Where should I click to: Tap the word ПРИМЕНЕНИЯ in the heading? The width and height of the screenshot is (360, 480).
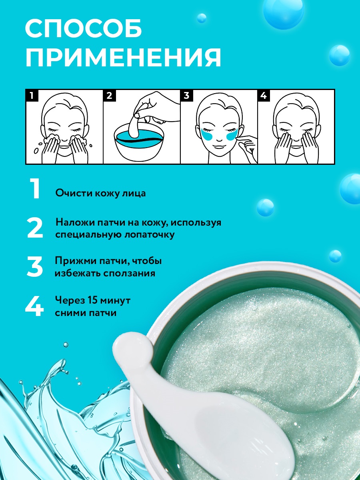[x=123, y=57]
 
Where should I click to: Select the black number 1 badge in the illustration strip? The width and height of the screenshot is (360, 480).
[x=32, y=96]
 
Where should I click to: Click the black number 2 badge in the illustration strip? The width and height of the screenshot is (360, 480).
[x=109, y=96]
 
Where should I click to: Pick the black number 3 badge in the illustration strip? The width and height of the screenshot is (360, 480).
[x=186, y=96]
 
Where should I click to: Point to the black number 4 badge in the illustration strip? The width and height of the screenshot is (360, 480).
[x=264, y=96]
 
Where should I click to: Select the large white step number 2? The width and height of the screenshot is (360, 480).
[x=35, y=228]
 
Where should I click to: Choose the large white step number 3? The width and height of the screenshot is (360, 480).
[x=35, y=266]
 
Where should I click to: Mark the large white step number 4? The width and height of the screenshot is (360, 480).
[x=34, y=306]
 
